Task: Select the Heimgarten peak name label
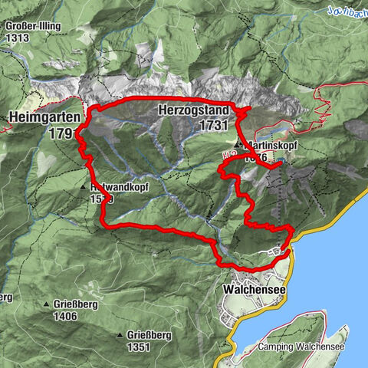(43, 117)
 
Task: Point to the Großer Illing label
(30, 25)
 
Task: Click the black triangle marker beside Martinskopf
(238, 143)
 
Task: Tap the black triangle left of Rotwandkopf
(84, 187)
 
